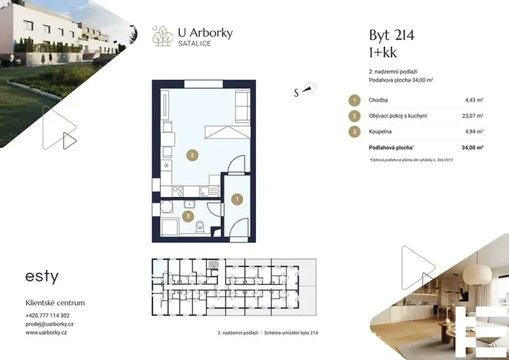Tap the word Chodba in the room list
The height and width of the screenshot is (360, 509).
point(378,100)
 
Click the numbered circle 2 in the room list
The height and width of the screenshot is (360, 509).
point(354,116)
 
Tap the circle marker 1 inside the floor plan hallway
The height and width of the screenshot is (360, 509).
point(238,199)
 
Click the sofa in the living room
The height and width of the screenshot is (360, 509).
point(242,105)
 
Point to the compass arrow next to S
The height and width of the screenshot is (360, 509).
point(310,89)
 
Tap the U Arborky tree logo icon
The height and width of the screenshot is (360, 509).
point(162,35)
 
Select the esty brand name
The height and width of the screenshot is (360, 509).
point(42,276)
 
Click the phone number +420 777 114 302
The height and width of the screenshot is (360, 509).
point(48,315)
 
